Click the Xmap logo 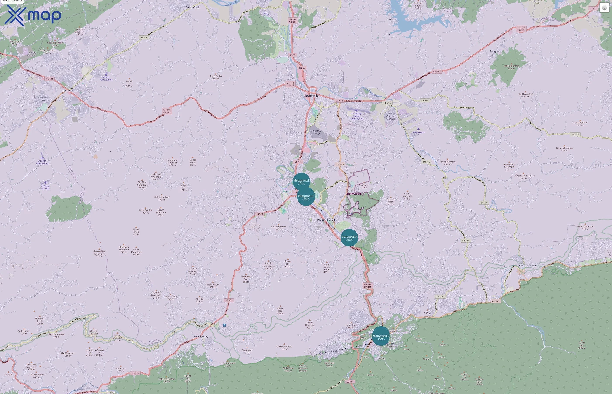(x=33, y=15)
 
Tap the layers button (x=604, y=8)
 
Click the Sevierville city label (x=311, y=96)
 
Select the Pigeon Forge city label (x=326, y=220)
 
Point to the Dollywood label (x=354, y=194)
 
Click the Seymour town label (x=68, y=91)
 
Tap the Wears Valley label (x=201, y=336)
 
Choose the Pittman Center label (x=527, y=266)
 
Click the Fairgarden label (x=496, y=51)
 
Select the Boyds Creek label (x=193, y=7)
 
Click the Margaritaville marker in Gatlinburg (x=381, y=336)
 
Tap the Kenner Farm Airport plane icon (x=106, y=74)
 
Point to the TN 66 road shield (x=302, y=68)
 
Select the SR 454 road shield (x=466, y=241)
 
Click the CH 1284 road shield (x=440, y=297)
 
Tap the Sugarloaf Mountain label (x=172, y=162)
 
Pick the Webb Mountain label (x=585, y=227)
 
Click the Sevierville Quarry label (x=316, y=132)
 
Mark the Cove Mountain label (x=284, y=348)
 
